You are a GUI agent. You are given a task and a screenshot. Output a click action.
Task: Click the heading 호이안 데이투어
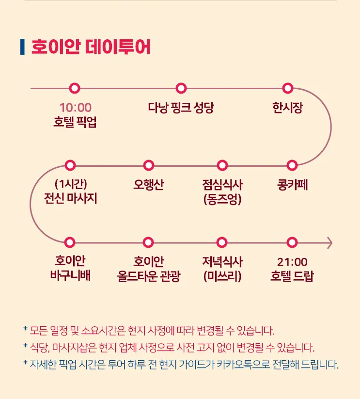tap(91, 47)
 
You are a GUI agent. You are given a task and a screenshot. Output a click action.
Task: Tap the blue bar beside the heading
tap(22, 47)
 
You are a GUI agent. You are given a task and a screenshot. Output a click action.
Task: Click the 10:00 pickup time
tap(76, 108)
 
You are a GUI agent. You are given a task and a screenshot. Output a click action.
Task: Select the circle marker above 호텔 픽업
tap(75, 88)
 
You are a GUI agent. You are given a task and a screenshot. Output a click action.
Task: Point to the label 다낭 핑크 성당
tap(181, 108)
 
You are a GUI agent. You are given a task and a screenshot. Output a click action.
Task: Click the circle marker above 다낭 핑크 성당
tap(181, 88)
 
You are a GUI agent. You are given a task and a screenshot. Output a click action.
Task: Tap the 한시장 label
tap(287, 108)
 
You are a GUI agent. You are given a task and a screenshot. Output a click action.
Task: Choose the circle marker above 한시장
tap(287, 88)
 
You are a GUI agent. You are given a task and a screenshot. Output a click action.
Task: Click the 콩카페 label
tap(292, 185)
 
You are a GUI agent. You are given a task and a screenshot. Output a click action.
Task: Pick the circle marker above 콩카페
tap(292, 165)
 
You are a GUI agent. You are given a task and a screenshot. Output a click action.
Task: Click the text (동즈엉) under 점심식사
tap(222, 199)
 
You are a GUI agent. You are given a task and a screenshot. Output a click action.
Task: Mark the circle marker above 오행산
tap(149, 165)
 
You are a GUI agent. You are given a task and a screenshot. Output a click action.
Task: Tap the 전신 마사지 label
tap(70, 198)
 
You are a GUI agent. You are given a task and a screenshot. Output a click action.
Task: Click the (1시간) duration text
tap(71, 184)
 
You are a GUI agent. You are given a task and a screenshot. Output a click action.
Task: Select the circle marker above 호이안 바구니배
tap(70, 242)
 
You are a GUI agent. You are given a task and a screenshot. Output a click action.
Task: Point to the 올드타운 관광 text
tap(149, 276)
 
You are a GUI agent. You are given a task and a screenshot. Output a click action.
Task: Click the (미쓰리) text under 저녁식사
tap(222, 276)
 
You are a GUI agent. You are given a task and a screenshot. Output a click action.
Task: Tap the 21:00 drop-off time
tap(292, 262)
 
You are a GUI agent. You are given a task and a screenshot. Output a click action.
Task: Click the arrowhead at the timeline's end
tap(330, 243)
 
